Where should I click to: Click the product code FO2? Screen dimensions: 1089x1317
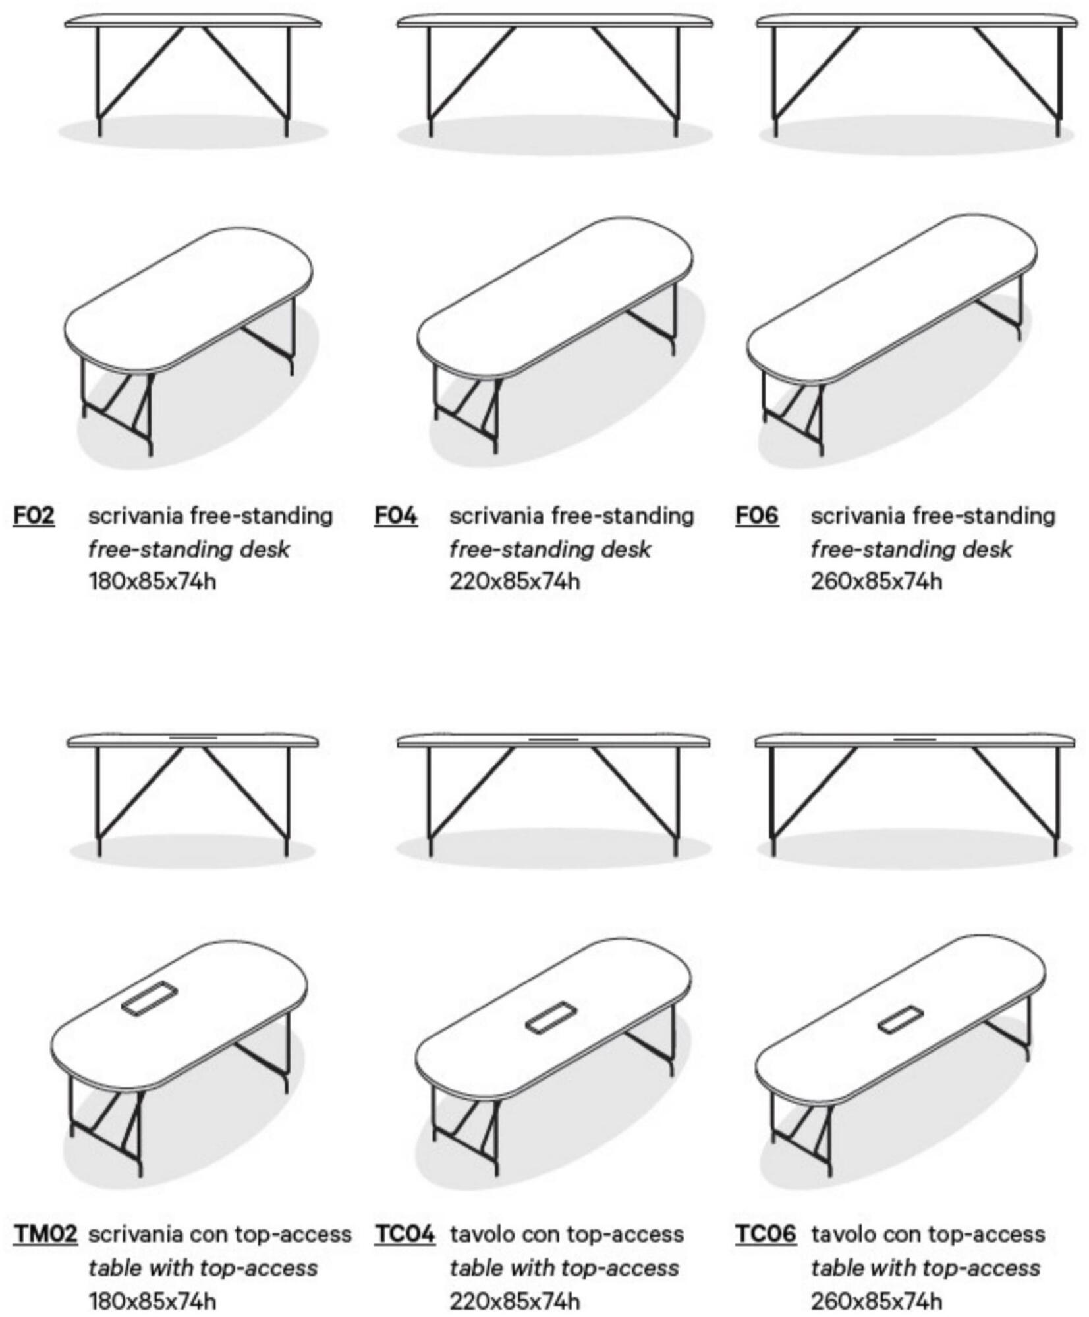[x=34, y=516]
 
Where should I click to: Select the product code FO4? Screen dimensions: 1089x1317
[x=396, y=516]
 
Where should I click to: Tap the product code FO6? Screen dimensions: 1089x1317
[x=757, y=516]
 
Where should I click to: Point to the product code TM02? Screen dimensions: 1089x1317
[x=45, y=1233]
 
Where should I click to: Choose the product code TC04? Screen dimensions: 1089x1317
[x=405, y=1233]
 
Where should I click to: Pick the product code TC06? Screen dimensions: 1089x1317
[x=766, y=1233]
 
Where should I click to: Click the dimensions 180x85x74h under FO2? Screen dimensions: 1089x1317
[x=152, y=581]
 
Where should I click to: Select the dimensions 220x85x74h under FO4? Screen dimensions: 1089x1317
[x=515, y=581]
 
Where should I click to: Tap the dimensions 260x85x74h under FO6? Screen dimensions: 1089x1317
[x=876, y=581]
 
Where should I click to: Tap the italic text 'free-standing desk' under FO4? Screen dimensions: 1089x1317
[x=550, y=549]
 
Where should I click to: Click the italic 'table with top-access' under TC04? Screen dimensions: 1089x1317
[x=564, y=1268]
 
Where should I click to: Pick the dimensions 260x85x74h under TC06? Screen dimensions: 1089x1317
[x=876, y=1301]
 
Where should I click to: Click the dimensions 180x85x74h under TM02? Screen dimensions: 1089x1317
[x=152, y=1301]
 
